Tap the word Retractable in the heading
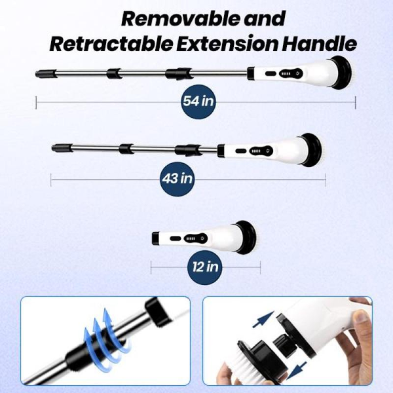pos(111,44)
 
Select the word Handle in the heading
pos(319,44)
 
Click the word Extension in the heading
pos(227,44)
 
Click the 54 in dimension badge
pos(198,102)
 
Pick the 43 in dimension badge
pos(178,179)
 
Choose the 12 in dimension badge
pos(205,267)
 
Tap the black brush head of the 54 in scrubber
pos(341,73)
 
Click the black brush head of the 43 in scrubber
pos(312,150)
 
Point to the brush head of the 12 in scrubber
pos(247,237)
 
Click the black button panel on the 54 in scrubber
pos(291,73)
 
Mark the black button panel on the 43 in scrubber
pos(261,151)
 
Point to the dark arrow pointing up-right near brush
pos(263,320)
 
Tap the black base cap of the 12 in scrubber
pos(156,238)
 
